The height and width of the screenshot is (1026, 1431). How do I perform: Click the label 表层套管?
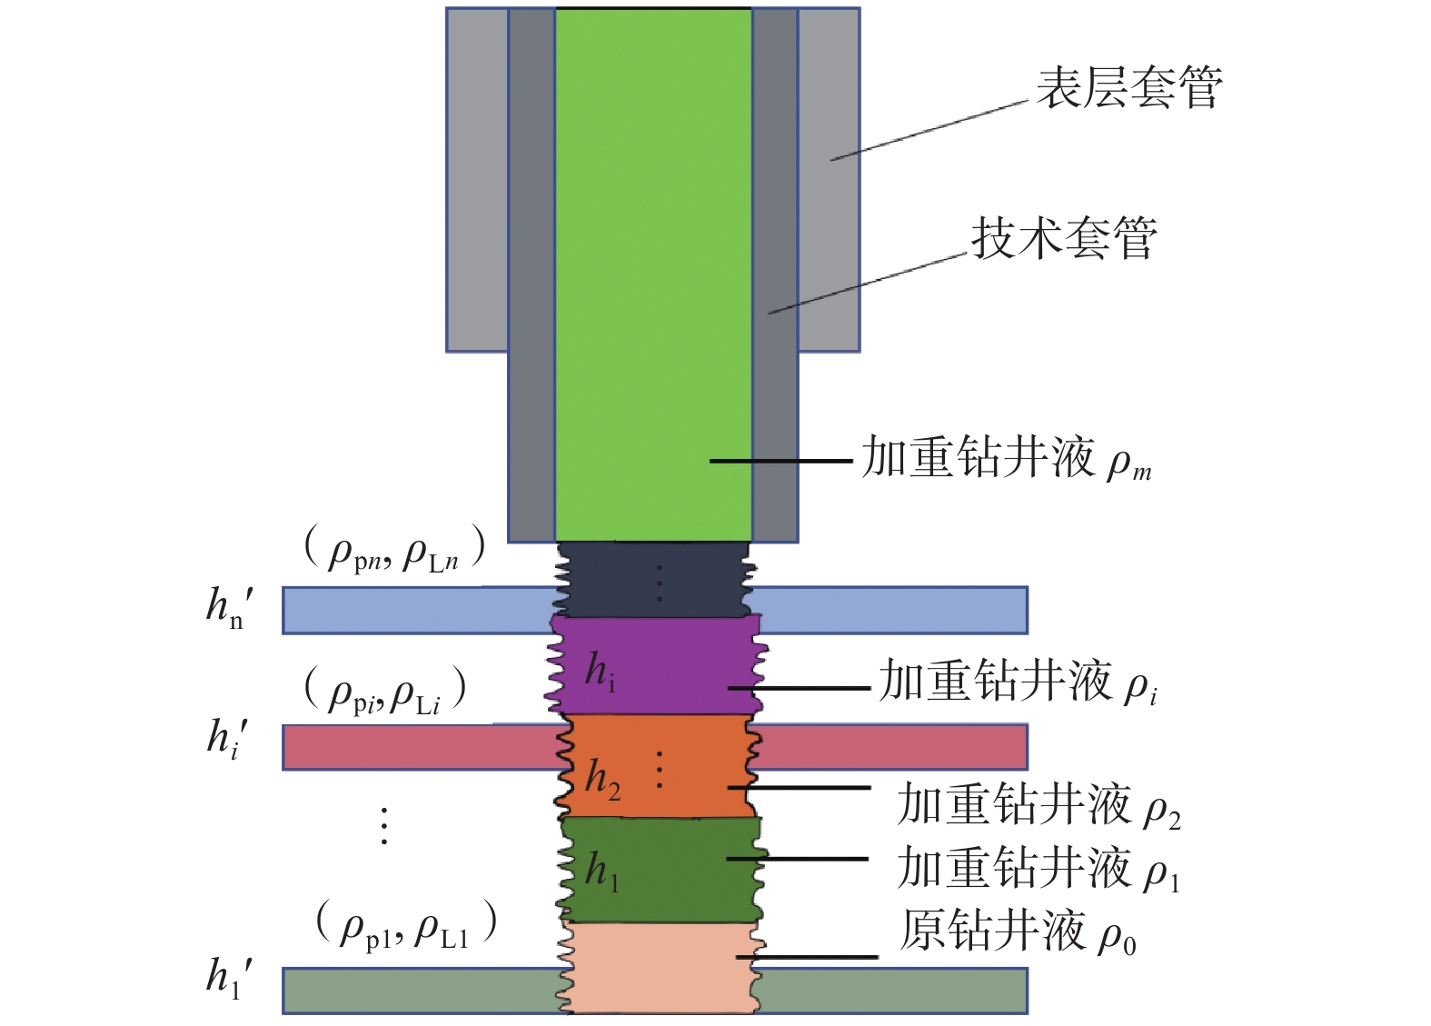(x=1129, y=88)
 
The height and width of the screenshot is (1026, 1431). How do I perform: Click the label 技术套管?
(x=1064, y=239)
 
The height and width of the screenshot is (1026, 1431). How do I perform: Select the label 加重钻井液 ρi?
(x=1018, y=682)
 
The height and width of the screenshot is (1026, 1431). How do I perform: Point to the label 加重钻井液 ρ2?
(x=1038, y=805)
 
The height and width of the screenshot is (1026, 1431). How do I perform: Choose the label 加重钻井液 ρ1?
(x=1038, y=868)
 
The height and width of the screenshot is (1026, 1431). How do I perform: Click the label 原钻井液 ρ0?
(x=1018, y=932)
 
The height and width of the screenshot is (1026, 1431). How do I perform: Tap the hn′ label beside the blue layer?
(x=230, y=607)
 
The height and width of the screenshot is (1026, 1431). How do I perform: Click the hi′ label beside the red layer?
(x=228, y=738)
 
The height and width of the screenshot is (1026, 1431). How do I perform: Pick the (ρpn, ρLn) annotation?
(x=394, y=550)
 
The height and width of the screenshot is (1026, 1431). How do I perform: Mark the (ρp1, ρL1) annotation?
(x=406, y=926)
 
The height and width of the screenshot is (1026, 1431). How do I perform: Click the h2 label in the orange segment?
(x=602, y=780)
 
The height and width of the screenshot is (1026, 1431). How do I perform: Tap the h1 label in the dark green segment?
(x=601, y=871)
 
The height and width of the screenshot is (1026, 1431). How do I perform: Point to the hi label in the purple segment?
(x=600, y=672)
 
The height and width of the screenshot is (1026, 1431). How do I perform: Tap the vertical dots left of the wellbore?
(x=384, y=825)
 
